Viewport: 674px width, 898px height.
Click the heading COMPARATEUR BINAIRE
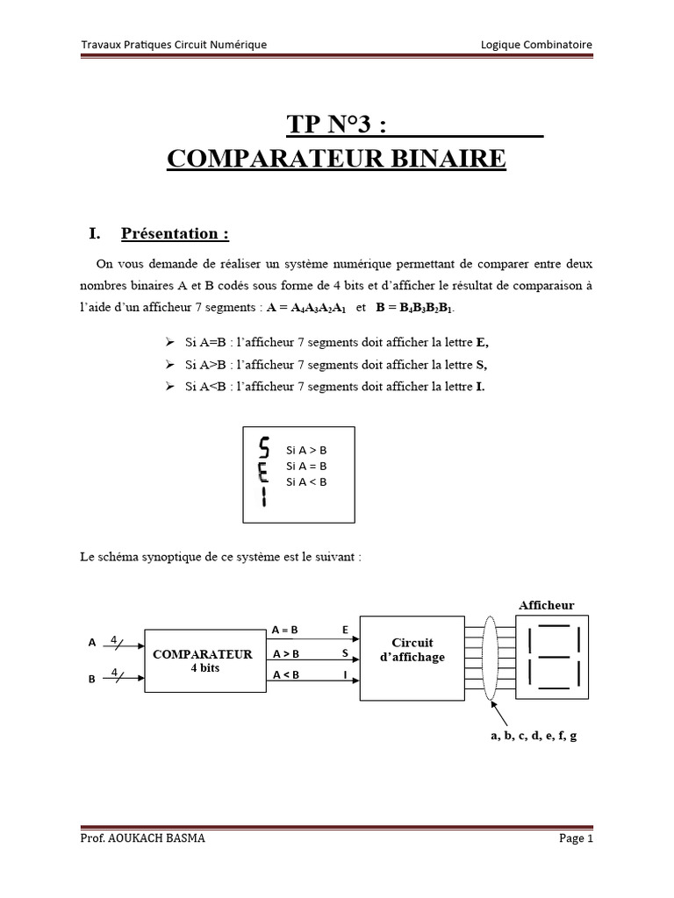tap(336, 159)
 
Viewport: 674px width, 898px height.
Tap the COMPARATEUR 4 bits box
tap(203, 660)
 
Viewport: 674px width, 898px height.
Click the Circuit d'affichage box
tap(412, 651)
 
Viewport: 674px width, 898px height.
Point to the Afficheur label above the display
tap(546, 605)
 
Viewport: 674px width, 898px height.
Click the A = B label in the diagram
tap(285, 630)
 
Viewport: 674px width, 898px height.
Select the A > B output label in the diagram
tap(286, 653)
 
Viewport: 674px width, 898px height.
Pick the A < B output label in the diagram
tap(286, 674)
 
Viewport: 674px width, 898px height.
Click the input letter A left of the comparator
tap(91, 642)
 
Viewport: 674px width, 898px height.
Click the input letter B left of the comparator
tap(91, 678)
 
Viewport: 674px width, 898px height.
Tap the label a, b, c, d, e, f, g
tap(534, 736)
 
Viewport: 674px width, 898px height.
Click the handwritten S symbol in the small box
tap(264, 448)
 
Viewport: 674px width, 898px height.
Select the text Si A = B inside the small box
tap(306, 466)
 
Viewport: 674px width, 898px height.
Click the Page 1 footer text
tap(577, 838)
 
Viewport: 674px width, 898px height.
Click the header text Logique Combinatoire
tap(537, 45)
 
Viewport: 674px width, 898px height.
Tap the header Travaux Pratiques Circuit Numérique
tap(174, 45)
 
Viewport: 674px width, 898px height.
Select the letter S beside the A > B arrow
tap(345, 653)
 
